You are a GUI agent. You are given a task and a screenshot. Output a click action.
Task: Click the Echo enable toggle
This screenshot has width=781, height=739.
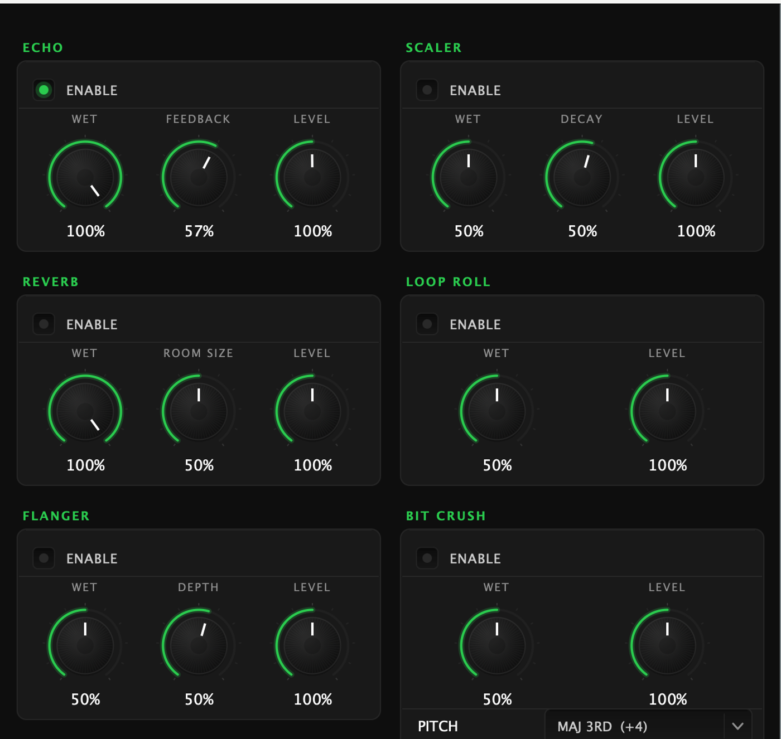[x=44, y=90]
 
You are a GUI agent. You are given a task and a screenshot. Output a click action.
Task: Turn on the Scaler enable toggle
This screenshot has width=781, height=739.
[x=427, y=90]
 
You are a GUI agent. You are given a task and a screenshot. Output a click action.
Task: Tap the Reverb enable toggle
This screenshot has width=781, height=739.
[x=44, y=324]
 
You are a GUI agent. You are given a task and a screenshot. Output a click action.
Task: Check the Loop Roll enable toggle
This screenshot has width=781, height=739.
[x=427, y=324]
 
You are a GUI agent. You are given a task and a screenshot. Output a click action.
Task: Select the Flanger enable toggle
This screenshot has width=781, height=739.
[x=44, y=558]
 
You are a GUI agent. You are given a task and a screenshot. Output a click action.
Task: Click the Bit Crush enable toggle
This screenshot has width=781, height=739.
[x=427, y=558]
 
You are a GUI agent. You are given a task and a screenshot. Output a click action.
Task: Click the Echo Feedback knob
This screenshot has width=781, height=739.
[x=199, y=177]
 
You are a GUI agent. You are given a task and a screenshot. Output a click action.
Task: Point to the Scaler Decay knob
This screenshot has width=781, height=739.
[x=582, y=177]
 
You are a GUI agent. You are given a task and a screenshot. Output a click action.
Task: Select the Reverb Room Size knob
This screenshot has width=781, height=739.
[x=199, y=411]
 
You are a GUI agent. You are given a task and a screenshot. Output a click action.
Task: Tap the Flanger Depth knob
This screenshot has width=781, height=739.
[x=199, y=645]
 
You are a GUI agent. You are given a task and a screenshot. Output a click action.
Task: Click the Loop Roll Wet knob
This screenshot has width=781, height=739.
[x=496, y=411]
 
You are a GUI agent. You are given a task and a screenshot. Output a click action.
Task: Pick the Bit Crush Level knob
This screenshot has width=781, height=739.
[x=667, y=645]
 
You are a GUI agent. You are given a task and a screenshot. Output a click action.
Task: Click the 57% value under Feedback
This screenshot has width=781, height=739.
[x=199, y=231]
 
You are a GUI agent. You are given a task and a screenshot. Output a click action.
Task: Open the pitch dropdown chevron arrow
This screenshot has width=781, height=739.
[x=737, y=726]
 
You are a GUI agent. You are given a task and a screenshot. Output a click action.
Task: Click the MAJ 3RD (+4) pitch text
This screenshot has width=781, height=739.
[x=602, y=727]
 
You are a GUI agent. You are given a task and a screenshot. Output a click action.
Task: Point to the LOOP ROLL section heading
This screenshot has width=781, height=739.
[x=448, y=282]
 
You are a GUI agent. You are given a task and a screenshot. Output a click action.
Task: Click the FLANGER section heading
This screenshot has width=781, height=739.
[x=56, y=516]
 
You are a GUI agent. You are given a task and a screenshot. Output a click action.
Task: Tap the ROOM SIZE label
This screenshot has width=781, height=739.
[x=198, y=353]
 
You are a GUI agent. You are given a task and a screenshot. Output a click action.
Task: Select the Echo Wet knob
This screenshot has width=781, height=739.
[x=85, y=177]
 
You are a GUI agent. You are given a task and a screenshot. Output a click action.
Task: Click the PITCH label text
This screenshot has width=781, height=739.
[x=438, y=726]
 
